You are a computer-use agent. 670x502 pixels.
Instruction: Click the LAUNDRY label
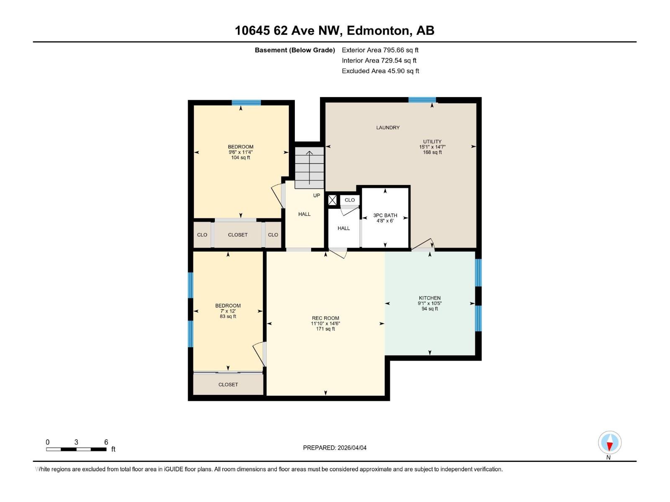coord(388,128)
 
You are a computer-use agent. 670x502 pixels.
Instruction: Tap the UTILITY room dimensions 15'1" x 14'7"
coord(432,147)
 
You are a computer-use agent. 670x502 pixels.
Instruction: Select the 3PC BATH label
coord(385,215)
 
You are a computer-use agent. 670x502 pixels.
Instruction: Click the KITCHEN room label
coord(430,298)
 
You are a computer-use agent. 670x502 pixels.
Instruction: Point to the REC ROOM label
coord(325,318)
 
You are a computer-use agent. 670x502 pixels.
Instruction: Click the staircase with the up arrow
coord(309,167)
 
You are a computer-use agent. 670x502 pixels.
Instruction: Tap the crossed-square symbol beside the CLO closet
coord(332,200)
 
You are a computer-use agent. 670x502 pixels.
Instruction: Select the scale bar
coord(76,449)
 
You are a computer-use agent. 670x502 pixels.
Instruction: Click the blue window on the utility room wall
coord(422,100)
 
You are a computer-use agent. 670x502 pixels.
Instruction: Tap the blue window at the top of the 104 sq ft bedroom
coord(246,102)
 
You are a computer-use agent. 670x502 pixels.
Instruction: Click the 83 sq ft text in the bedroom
coord(228,317)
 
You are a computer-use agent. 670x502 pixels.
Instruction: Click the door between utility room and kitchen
coord(423,246)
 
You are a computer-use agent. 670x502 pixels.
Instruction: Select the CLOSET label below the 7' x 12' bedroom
coord(228,384)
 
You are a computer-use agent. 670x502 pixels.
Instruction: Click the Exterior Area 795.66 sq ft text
coord(380,50)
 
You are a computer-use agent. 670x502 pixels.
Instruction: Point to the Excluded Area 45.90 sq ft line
coord(380,71)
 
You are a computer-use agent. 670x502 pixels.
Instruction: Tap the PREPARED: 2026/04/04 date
coord(335,448)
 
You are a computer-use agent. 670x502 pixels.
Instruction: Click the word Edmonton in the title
coord(378,31)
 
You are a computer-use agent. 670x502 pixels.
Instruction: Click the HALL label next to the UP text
coord(304,214)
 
